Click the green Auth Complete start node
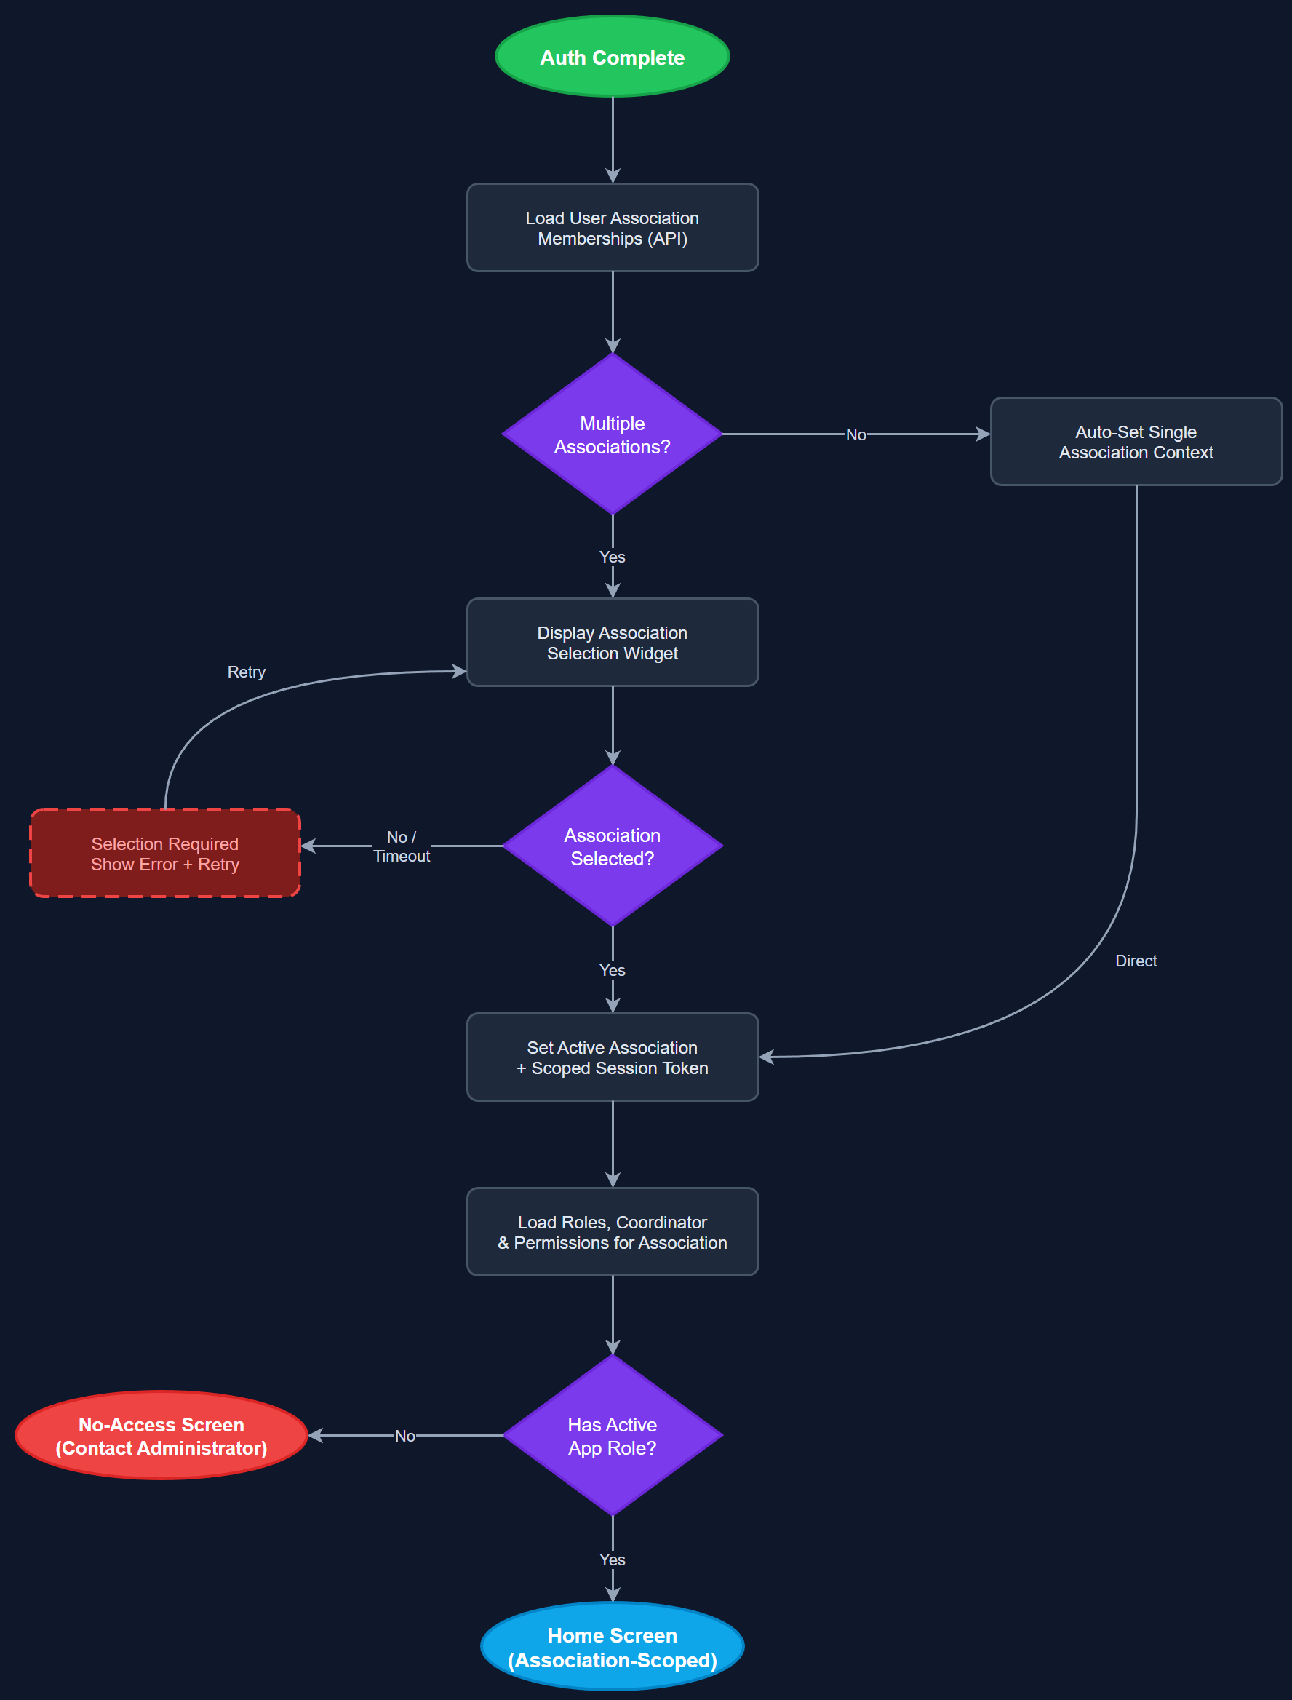tap(612, 57)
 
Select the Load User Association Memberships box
tap(612, 228)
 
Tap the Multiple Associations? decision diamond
tap(612, 434)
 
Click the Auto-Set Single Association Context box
tap(1135, 442)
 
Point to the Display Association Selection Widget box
tap(612, 643)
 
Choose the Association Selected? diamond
tap(612, 846)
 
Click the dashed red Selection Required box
tap(164, 853)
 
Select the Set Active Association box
tap(612, 1057)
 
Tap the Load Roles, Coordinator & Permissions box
tap(612, 1231)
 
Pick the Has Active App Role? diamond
tap(612, 1435)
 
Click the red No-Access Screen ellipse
tap(161, 1435)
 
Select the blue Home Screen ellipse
tap(612, 1647)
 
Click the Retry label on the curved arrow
tap(246, 672)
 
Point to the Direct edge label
tap(1135, 961)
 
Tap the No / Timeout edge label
tap(402, 846)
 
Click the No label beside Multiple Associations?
tap(856, 434)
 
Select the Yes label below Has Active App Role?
tap(612, 1560)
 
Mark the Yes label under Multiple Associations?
tap(612, 557)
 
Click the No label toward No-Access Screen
tap(404, 1435)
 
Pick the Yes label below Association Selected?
tap(612, 970)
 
